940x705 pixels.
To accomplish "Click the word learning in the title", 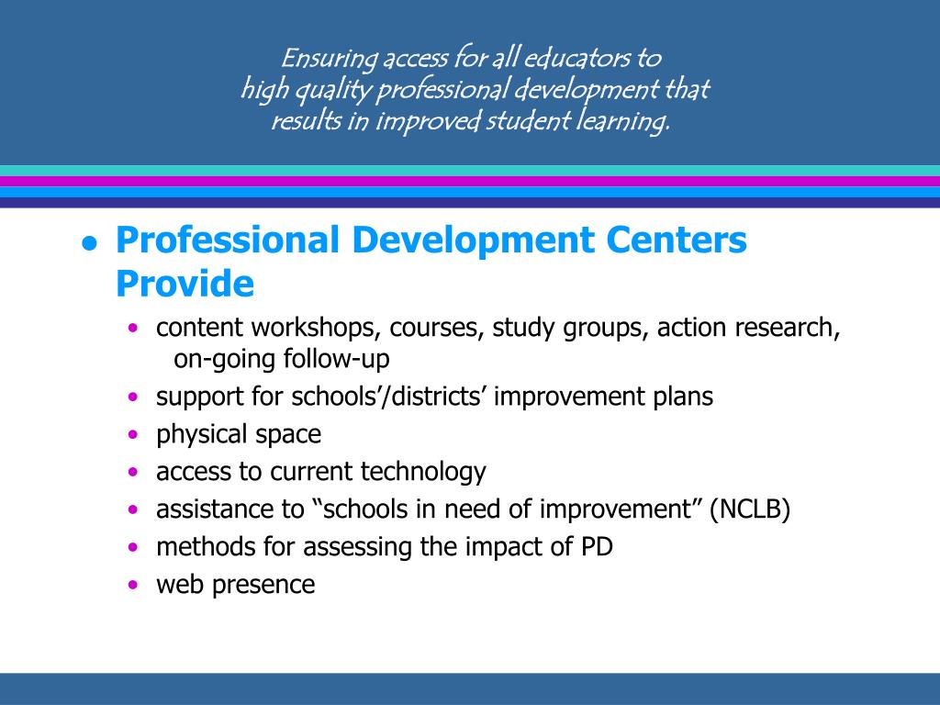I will (x=626, y=120).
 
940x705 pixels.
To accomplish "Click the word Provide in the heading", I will (x=185, y=284).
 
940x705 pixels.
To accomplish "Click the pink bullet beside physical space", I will (x=135, y=434).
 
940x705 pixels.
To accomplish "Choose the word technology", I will (x=423, y=472).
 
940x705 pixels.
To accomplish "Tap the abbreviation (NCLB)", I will (x=749, y=509).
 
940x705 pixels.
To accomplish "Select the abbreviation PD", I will (x=597, y=547).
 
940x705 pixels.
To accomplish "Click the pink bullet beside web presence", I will (x=135, y=585).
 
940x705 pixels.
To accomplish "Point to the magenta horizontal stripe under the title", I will (x=470, y=182).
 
